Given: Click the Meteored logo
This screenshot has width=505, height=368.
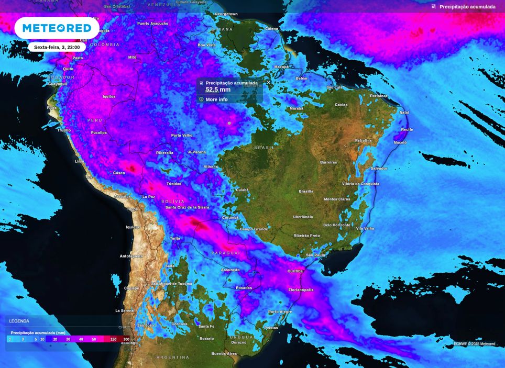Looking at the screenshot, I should [57, 28].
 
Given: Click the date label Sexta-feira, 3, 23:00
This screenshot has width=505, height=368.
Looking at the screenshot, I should [57, 47].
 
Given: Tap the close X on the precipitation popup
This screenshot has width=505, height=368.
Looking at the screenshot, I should [269, 82].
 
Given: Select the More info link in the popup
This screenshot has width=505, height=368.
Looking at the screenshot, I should [216, 99].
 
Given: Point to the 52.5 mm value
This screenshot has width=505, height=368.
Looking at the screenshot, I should [218, 90].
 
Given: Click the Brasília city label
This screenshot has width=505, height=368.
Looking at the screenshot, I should [306, 192].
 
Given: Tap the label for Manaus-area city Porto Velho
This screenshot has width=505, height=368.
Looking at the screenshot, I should [182, 136].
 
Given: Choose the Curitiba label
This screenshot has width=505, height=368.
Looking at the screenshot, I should [295, 271].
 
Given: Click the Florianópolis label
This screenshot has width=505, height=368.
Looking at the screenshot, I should [301, 290].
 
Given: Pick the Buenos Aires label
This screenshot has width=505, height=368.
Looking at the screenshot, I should [224, 354].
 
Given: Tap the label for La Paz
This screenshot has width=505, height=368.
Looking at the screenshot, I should [148, 197].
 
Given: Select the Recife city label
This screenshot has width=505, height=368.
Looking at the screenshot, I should [407, 129].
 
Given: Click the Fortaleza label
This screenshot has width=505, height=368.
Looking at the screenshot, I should [379, 96].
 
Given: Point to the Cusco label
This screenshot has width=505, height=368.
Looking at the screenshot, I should [119, 173].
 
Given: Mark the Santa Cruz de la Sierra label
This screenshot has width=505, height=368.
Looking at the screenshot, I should [187, 207].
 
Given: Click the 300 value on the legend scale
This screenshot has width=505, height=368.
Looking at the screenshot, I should [126, 339].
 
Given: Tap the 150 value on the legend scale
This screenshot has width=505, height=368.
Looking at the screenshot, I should [113, 339].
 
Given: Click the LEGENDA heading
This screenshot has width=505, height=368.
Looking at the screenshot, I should [19, 321].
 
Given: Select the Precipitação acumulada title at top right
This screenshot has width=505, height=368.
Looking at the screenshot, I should [467, 7].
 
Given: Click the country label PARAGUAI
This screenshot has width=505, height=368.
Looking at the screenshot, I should [226, 253].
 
